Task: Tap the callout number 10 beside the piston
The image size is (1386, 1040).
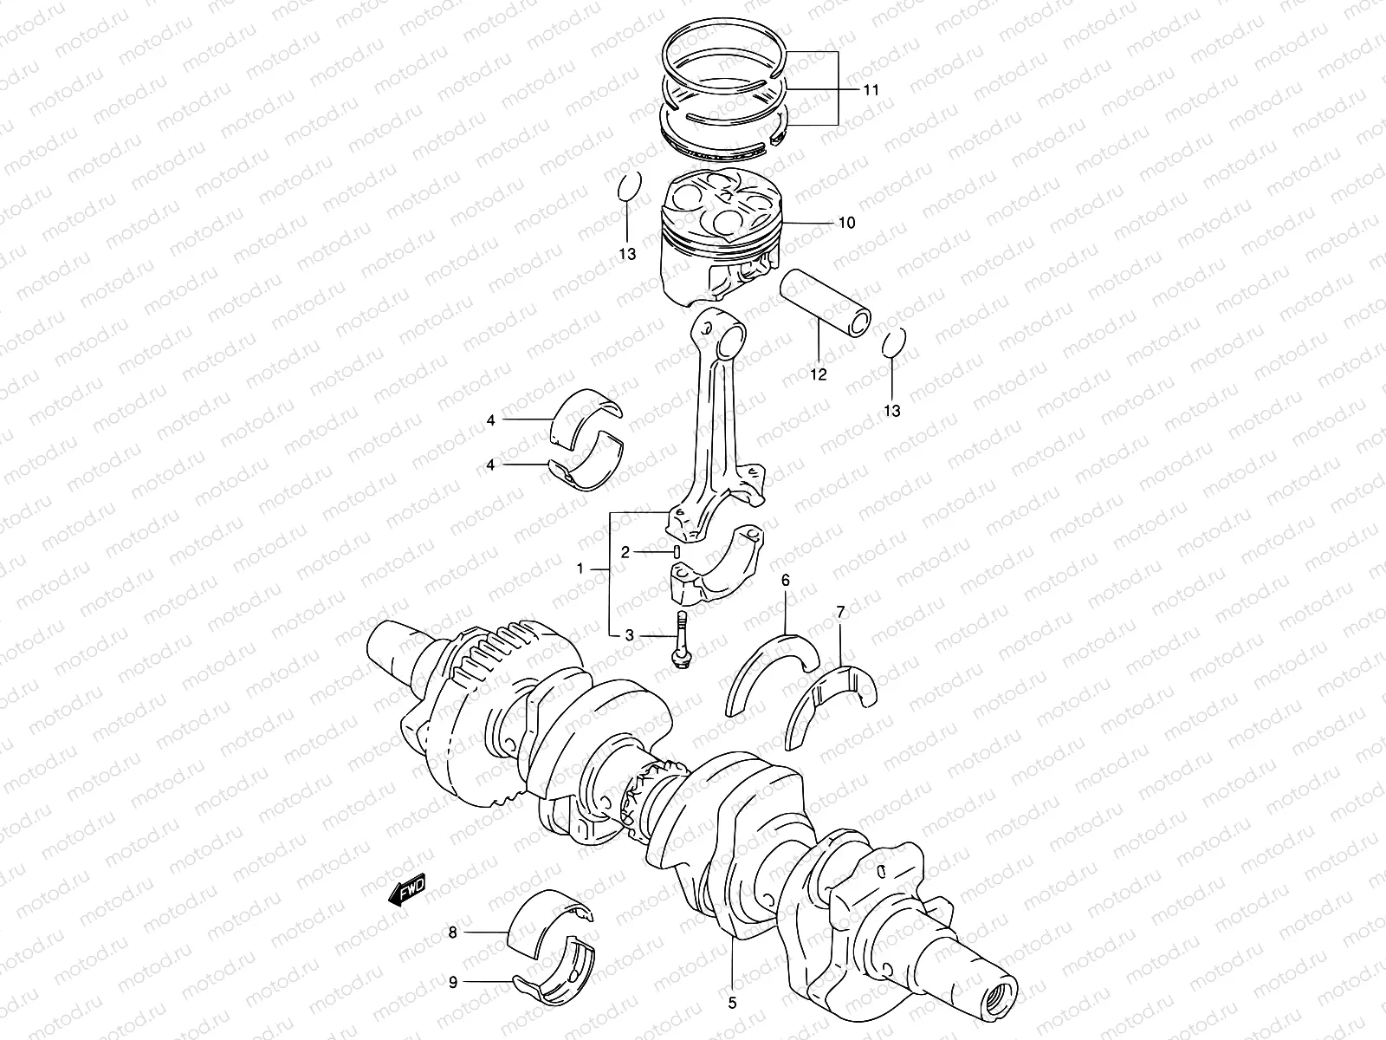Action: [x=846, y=223]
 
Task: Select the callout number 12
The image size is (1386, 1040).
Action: [x=818, y=374]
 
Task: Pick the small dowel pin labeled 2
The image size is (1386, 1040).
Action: [x=676, y=551]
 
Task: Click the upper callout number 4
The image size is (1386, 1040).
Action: [x=490, y=420]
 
